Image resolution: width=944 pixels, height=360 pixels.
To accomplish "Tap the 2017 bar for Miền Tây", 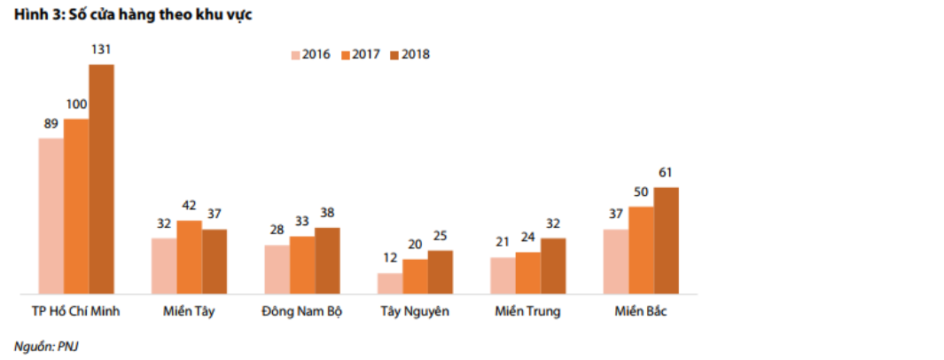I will click(x=189, y=257).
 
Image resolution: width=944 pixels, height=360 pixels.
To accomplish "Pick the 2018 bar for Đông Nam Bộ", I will click(x=327, y=261).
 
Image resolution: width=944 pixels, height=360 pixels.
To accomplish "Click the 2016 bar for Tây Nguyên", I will click(x=389, y=283).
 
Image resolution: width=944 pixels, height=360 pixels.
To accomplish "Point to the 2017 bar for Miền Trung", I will click(x=527, y=272).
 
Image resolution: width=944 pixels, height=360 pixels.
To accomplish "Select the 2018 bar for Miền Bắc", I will click(x=666, y=240).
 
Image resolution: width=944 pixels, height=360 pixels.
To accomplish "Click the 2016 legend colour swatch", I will click(x=295, y=54).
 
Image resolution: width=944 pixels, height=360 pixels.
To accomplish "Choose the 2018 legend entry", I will click(x=409, y=54).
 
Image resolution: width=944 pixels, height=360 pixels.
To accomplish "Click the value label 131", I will click(x=101, y=49).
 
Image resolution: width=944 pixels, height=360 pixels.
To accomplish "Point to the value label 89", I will click(x=51, y=123).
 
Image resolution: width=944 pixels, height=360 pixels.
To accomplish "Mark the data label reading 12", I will click(x=389, y=258).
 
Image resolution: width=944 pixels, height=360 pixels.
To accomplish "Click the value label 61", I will click(x=666, y=172).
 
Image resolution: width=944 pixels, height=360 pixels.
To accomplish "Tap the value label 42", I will click(x=189, y=206).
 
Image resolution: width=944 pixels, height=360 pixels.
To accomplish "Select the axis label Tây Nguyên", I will click(x=415, y=312).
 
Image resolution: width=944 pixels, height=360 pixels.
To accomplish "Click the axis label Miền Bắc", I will click(x=641, y=312).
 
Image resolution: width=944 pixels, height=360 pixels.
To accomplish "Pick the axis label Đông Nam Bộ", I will click(x=302, y=312).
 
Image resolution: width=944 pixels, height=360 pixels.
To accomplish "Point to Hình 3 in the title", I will click(x=32, y=16).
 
